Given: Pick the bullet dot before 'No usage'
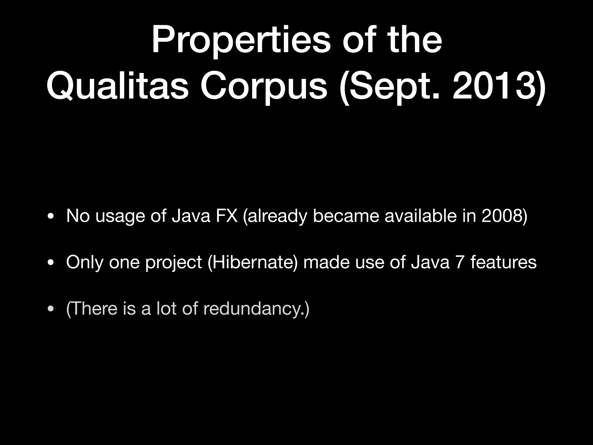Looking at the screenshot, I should pyautogui.click(x=51, y=216).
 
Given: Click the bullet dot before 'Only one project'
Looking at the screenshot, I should pyautogui.click(x=51, y=263).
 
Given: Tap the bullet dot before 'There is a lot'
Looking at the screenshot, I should pyautogui.click(x=51, y=309).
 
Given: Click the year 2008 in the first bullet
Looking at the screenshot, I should pyautogui.click(x=502, y=216).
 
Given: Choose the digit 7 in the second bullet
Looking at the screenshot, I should pyautogui.click(x=460, y=262).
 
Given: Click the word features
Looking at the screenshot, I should pyautogui.click(x=504, y=262).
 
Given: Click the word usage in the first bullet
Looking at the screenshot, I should pyautogui.click(x=120, y=216).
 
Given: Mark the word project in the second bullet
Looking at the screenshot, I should pyautogui.click(x=173, y=262).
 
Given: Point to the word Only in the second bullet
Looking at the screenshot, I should pyautogui.click(x=85, y=262).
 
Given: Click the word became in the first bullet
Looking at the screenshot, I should pyautogui.click(x=346, y=216).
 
